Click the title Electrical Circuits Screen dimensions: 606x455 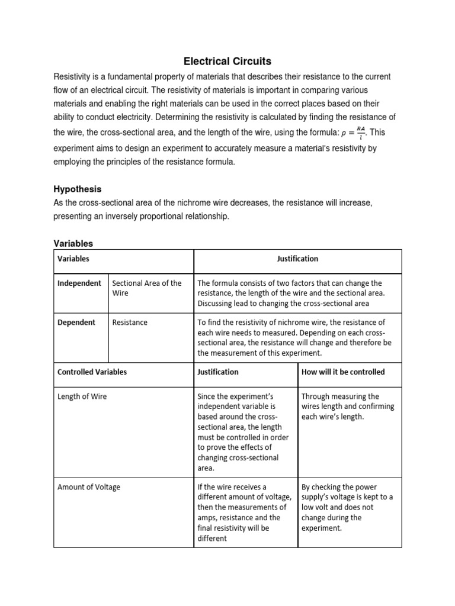(227, 61)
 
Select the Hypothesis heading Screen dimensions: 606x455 (78, 189)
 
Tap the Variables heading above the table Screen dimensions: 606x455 (73, 243)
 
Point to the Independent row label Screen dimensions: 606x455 (79, 283)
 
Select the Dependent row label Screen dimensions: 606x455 (76, 323)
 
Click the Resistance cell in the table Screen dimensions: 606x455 (130, 323)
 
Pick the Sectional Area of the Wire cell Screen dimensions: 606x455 (146, 288)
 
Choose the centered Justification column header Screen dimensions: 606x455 (297, 259)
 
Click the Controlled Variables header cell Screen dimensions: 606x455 (92, 372)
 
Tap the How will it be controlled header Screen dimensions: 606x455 (343, 372)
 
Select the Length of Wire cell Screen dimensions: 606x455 (82, 397)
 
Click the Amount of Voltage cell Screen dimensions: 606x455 (88, 487)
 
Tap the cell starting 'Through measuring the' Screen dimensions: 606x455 (348, 407)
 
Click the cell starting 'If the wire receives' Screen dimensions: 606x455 (243, 512)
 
